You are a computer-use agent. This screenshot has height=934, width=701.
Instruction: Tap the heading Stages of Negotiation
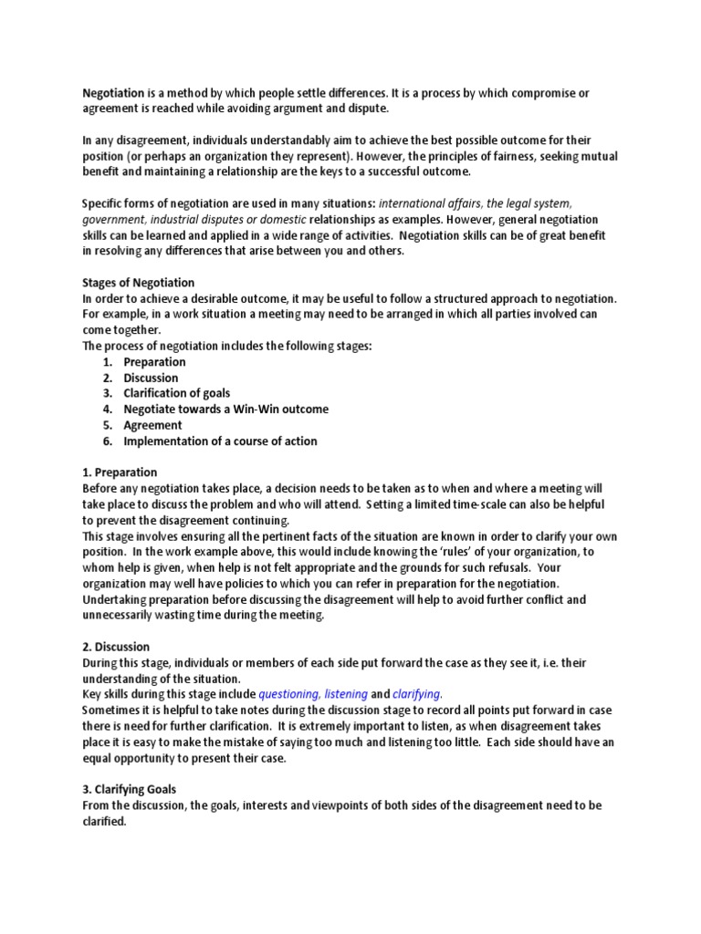point(139,283)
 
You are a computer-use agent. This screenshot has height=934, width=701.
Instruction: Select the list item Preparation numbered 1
point(154,362)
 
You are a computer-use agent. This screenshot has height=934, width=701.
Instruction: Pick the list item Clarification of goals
point(177,393)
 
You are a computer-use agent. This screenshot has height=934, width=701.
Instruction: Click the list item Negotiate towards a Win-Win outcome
point(225,410)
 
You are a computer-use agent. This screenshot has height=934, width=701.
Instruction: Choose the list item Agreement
point(152,425)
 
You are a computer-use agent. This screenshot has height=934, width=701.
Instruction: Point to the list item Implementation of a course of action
point(220,441)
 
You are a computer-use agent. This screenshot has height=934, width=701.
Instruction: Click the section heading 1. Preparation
point(120,472)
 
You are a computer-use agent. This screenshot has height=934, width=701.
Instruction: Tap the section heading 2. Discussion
point(117,647)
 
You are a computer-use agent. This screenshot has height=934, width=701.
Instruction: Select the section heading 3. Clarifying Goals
point(131,789)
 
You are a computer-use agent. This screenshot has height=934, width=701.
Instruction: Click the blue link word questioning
point(289,694)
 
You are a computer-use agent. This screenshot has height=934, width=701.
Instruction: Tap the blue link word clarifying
point(417,694)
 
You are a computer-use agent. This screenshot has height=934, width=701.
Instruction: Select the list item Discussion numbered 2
point(151,378)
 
